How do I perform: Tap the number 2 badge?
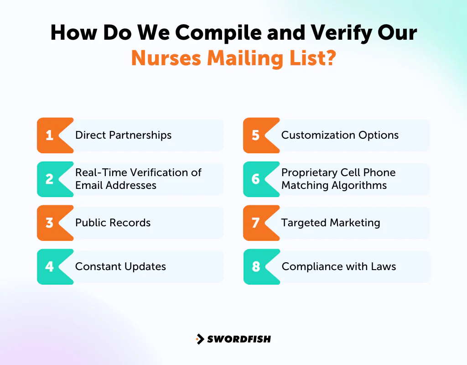pyautogui.click(x=50, y=179)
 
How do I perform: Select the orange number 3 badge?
pyautogui.click(x=50, y=223)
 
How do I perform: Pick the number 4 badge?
pyautogui.click(x=50, y=267)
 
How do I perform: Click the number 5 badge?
pyautogui.click(x=256, y=136)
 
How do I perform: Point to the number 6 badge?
pyautogui.click(x=256, y=179)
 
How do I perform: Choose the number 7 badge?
pyautogui.click(x=256, y=223)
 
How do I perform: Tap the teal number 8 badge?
pyautogui.click(x=256, y=267)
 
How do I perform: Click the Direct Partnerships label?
pyautogui.click(x=123, y=136)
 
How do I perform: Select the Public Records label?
pyautogui.click(x=113, y=223)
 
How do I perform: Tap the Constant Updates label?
pyautogui.click(x=120, y=267)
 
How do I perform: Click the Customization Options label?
pyautogui.click(x=340, y=136)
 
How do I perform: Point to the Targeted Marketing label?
pyautogui.click(x=331, y=223)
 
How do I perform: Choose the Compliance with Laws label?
pyautogui.click(x=338, y=267)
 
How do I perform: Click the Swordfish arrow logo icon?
pyautogui.click(x=200, y=339)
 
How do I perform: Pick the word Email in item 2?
pyautogui.click(x=88, y=186)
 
